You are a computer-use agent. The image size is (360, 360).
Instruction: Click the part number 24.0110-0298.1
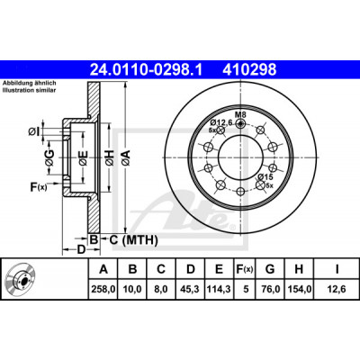[147, 69]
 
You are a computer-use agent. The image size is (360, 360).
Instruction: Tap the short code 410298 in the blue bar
[249, 69]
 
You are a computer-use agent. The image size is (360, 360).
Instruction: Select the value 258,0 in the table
[103, 289]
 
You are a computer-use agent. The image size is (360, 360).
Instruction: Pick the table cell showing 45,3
[191, 289]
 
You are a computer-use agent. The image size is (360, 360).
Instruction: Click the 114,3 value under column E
[219, 289]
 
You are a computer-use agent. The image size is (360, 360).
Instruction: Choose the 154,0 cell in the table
[300, 289]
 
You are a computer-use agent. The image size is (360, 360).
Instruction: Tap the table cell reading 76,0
[270, 289]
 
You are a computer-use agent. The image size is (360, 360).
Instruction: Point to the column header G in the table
[270, 269]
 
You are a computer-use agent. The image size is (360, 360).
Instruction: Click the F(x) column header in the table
[244, 269]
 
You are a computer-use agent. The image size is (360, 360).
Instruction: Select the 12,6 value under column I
[337, 289]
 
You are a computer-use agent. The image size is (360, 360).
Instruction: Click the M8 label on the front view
[240, 114]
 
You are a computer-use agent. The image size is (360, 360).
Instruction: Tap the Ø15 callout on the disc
[265, 176]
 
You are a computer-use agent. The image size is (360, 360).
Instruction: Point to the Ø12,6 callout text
[221, 122]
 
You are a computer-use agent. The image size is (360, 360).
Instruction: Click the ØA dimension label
[126, 157]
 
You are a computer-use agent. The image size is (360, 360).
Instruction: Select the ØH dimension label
[110, 157]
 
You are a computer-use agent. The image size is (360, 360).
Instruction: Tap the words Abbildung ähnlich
[30, 84]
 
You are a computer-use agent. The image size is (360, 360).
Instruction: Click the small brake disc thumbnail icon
[20, 279]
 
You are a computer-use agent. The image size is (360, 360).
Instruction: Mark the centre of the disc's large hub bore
[240, 157]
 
